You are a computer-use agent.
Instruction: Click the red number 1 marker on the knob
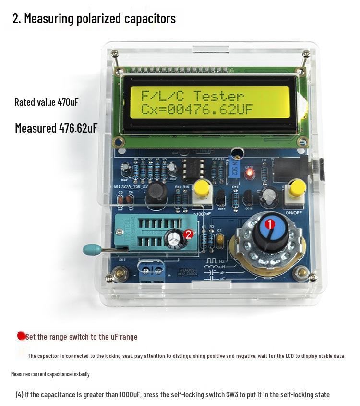(x=269, y=224)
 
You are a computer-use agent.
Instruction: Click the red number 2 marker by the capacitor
(x=189, y=234)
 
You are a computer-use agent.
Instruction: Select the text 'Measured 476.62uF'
(x=56, y=128)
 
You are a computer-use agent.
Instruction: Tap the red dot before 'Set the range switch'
(x=21, y=336)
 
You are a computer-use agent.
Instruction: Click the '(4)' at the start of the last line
(x=19, y=394)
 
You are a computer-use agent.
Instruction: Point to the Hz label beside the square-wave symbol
(x=222, y=261)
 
